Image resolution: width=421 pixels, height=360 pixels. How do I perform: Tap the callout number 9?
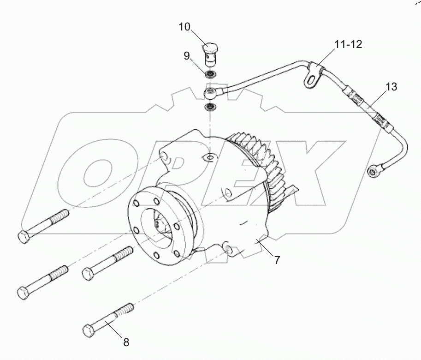coord(186,56)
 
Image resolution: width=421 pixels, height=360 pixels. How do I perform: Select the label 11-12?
coord(348,44)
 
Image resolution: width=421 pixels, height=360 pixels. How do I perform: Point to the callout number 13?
coord(391,87)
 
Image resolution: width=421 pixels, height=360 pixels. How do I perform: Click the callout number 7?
coord(277,260)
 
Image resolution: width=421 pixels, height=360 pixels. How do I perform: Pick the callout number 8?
coord(126,342)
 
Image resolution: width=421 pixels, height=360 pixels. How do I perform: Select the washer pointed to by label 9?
coord(210,74)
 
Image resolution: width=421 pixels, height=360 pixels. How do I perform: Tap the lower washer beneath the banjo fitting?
coord(210,108)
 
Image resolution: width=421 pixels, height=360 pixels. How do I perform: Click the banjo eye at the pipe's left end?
coord(210,94)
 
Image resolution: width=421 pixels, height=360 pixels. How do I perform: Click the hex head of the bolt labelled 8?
coord(89,330)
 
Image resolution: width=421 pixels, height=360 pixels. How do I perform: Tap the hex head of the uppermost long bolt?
coord(24,237)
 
